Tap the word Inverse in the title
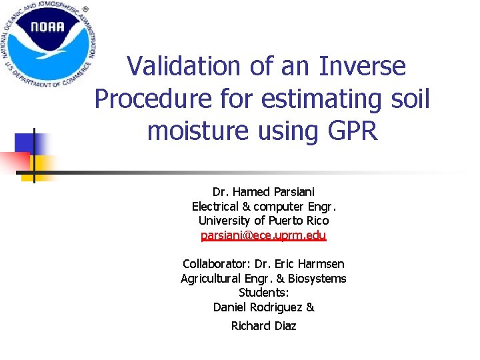[x=363, y=66]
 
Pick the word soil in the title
[x=407, y=99]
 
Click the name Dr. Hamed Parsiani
[x=263, y=191]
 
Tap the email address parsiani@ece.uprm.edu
[x=263, y=235]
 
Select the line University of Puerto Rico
[x=263, y=221]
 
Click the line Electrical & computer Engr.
[x=263, y=206]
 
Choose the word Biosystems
[x=315, y=278]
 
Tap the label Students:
[x=263, y=293]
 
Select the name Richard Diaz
[x=263, y=325]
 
